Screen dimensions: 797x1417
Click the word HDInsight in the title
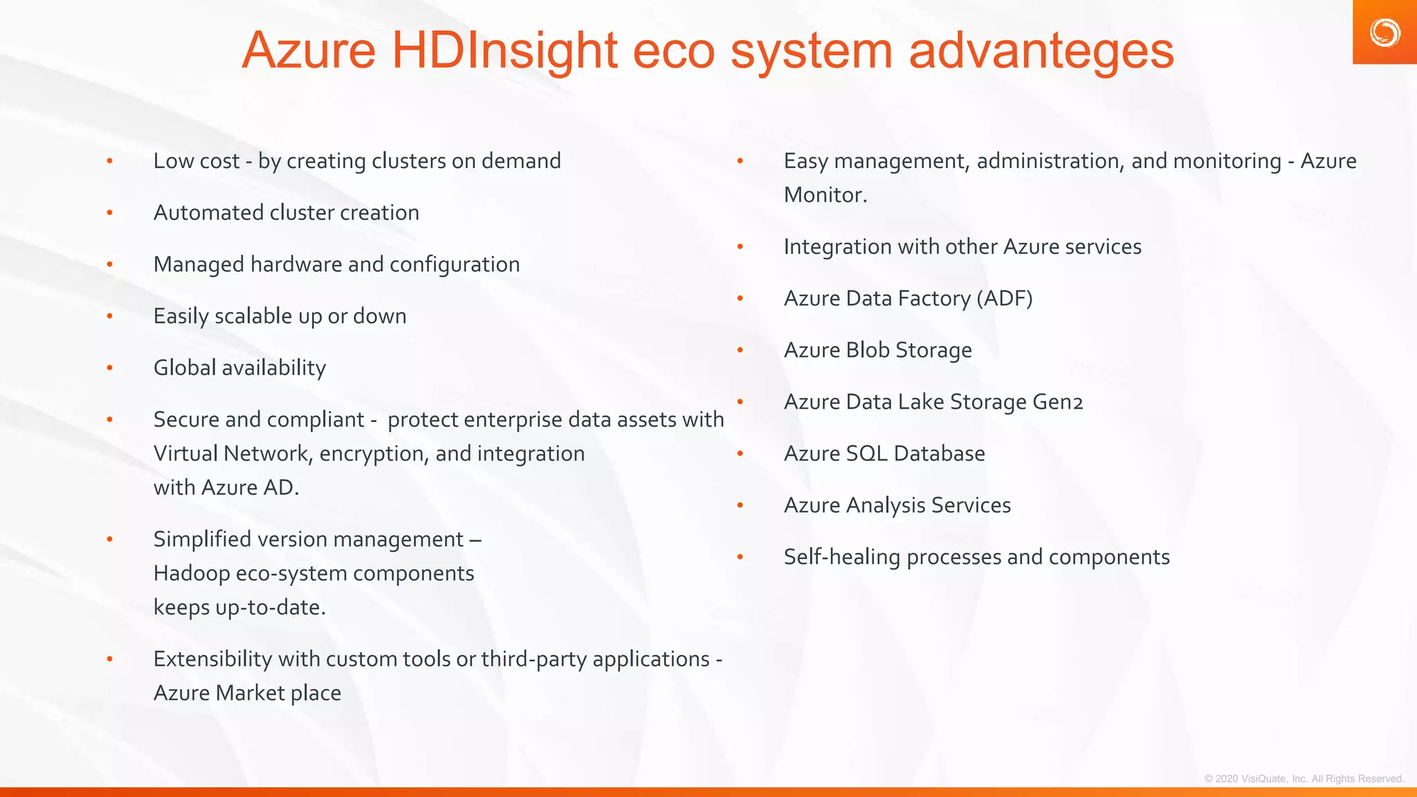[504, 51]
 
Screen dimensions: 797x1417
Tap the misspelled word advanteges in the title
[1041, 51]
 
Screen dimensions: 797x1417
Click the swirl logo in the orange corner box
[1384, 33]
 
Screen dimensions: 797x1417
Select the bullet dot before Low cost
[109, 161]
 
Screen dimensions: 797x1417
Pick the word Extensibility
[212, 659]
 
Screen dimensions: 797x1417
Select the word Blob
[868, 350]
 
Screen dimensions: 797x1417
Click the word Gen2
[1057, 402]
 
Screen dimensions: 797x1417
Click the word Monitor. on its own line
[825, 195]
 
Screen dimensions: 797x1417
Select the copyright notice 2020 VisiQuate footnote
[1304, 778]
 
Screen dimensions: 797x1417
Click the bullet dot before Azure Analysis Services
[740, 506]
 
